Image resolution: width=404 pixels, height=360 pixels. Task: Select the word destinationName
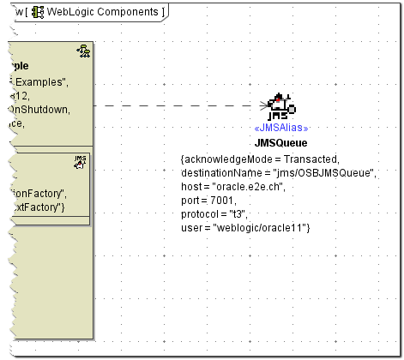[219, 172]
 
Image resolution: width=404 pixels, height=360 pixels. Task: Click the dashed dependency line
[172, 106]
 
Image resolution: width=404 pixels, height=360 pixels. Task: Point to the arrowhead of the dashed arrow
[262, 106]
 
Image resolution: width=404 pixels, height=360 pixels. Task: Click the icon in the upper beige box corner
[83, 53]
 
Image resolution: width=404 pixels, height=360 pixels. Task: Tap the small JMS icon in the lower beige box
[81, 160]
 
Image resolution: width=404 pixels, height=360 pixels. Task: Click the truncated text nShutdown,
[40, 110]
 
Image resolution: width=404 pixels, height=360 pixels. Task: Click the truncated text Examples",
[41, 82]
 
